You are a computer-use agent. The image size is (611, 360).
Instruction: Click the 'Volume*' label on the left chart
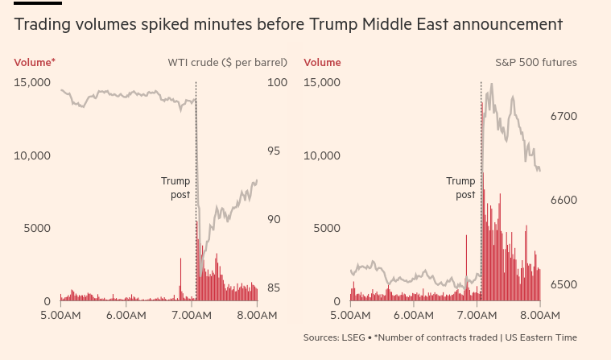point(35,62)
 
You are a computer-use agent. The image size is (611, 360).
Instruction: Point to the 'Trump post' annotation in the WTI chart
point(175,188)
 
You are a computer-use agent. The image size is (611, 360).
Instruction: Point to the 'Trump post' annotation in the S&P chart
point(461,188)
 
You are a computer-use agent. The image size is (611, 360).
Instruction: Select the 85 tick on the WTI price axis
point(274,288)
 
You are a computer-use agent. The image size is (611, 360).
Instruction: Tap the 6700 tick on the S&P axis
point(564,117)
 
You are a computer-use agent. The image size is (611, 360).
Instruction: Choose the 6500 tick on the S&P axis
point(564,285)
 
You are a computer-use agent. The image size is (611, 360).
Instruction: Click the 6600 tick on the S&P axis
point(564,201)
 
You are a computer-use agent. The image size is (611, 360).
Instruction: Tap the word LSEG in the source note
point(351,337)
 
